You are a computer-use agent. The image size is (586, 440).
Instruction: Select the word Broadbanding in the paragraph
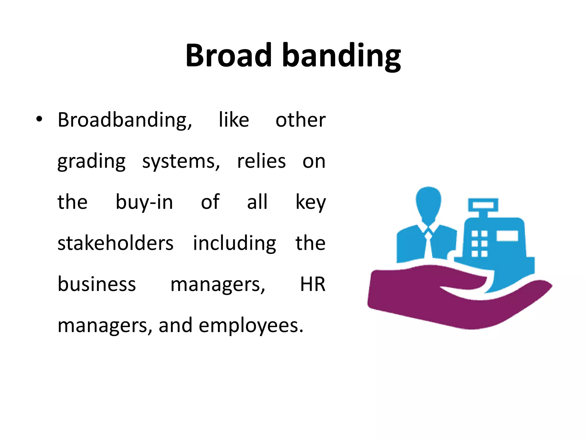point(125,120)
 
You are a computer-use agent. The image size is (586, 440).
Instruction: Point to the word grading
point(92,162)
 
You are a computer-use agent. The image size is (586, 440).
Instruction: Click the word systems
point(181,162)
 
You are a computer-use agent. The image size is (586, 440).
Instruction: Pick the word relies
point(261,161)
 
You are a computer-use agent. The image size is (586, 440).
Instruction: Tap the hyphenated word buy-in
point(144,203)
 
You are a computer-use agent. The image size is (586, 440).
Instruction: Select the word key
point(310,203)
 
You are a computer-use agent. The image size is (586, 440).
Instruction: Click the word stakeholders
point(115,243)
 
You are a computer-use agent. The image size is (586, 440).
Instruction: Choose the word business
point(97,284)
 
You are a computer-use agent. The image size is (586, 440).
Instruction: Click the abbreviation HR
point(312,284)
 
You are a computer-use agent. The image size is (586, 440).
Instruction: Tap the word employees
point(251,326)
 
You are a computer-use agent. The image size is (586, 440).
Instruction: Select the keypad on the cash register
point(479,244)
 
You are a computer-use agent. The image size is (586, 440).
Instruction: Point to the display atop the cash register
point(483,205)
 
